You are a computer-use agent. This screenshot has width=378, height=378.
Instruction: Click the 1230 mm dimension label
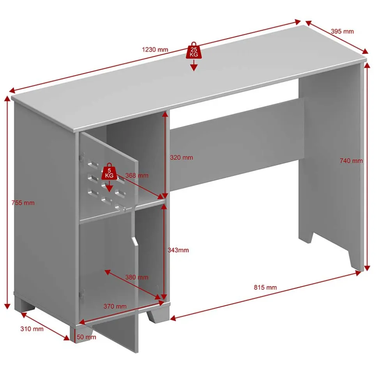point(155,49)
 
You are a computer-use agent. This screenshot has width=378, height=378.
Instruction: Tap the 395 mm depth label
point(342,31)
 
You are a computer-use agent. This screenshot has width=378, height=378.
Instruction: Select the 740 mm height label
point(351,160)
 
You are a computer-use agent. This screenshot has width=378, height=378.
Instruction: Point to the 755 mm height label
point(23,203)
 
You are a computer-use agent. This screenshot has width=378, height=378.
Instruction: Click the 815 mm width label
point(265,287)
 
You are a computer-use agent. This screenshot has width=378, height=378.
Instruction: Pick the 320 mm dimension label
point(181,158)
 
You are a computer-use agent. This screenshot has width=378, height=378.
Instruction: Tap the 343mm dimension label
point(178,250)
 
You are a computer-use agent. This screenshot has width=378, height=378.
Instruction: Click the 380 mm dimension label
point(136,277)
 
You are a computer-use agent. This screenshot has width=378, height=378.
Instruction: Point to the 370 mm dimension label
point(115,306)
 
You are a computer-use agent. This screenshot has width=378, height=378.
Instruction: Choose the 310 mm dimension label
point(32,329)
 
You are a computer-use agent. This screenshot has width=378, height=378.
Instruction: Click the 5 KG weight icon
point(110,171)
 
